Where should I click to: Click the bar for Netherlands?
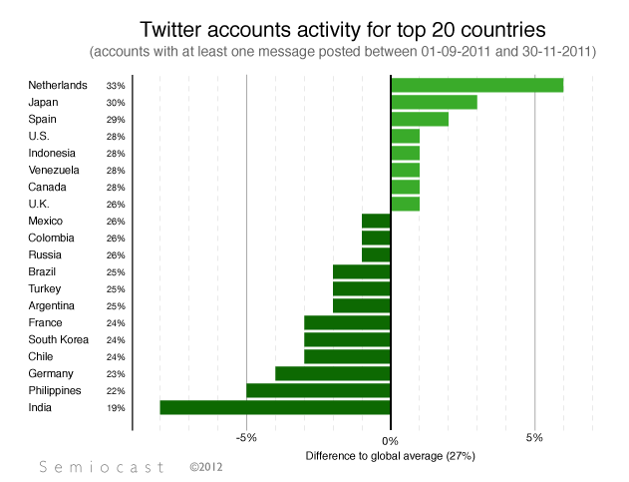(476, 85)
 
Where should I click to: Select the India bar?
(275, 407)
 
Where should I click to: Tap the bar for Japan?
(434, 102)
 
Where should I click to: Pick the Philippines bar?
(318, 390)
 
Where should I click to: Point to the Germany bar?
(333, 373)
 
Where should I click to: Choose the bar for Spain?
(420, 119)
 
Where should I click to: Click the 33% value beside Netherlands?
(116, 86)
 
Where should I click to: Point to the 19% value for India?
(116, 408)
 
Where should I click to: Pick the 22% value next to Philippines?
(116, 391)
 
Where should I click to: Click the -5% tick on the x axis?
(246, 440)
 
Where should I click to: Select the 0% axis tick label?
(391, 440)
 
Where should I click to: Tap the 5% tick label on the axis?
(535, 440)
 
